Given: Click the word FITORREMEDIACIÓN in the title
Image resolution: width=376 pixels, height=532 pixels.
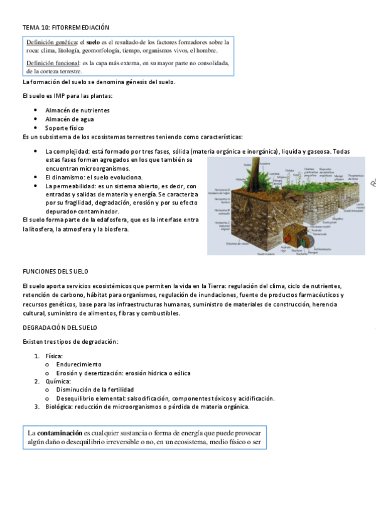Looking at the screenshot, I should point(80,28).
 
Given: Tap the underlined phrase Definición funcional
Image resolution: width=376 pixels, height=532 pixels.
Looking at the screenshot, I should point(53,63).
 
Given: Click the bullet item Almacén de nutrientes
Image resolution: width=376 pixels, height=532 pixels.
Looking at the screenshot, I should point(77,110).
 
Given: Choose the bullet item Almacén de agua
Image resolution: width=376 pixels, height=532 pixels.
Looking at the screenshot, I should point(69,119).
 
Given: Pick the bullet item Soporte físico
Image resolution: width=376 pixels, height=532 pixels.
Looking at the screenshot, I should point(64,127).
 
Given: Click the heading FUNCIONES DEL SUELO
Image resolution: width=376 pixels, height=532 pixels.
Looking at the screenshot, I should point(55,271).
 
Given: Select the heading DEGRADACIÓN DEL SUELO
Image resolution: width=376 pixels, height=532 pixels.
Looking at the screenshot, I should point(60,327).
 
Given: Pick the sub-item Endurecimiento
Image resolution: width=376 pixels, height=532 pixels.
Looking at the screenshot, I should point(78,364).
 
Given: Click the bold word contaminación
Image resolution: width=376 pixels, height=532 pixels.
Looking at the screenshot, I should point(60,433).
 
